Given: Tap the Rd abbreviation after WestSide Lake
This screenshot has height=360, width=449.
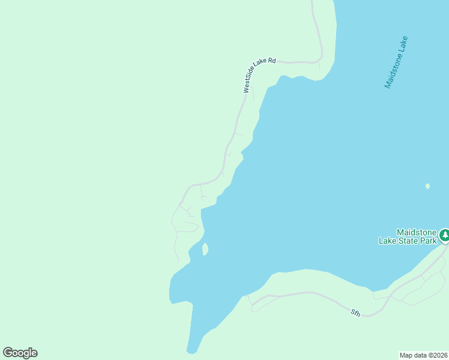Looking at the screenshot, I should tap(271, 61).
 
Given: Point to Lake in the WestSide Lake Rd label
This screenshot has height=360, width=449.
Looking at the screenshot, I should tap(262, 66).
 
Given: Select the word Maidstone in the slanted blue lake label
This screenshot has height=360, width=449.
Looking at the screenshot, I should tap(394, 70).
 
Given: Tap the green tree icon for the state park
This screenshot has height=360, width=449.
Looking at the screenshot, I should tap(444, 235).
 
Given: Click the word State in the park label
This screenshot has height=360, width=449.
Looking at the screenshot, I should tap(406, 241).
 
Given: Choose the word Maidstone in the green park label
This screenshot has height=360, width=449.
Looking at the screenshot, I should tap(416, 232).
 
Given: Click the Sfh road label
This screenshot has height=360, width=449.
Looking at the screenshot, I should tap(355, 312).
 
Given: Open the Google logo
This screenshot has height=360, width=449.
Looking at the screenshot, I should tap(20, 353).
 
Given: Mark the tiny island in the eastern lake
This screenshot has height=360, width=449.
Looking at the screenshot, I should tap(427, 186).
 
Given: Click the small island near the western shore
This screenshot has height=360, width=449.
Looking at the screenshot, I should tap(205, 248).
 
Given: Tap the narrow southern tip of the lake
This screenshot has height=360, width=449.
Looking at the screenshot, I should tap(191, 347).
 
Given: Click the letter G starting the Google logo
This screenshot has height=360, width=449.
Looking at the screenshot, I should tap(8, 353).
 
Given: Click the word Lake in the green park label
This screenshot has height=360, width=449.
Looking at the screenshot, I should tap(387, 241).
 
